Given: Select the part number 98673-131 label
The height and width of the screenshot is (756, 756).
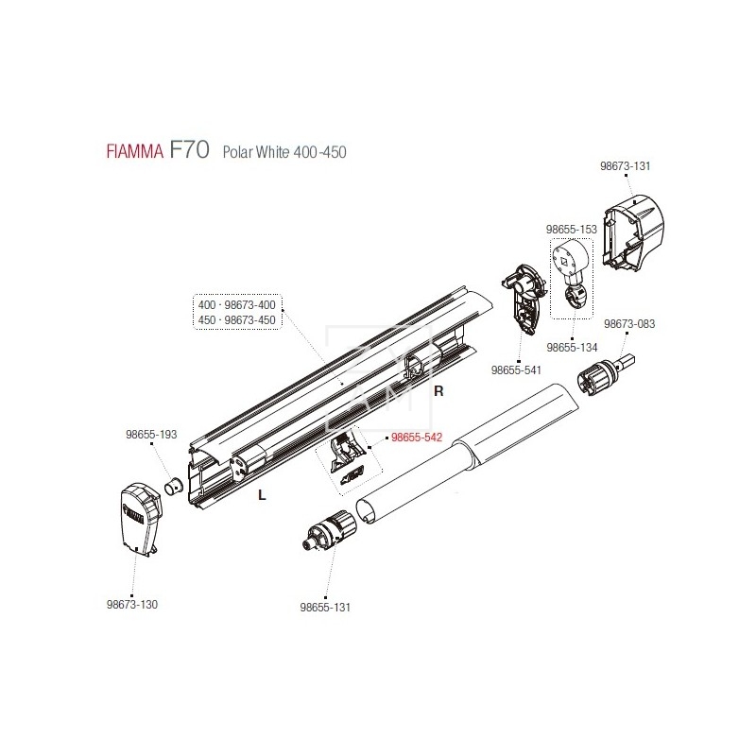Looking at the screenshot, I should coord(626,165).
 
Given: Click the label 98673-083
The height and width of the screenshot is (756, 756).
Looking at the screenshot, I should coord(629,323).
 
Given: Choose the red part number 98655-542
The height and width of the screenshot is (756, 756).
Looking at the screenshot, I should coord(417,438).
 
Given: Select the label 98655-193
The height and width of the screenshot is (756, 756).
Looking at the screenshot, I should coord(151,436).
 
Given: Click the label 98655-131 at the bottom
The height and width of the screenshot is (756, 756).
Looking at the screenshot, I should coord(324,606).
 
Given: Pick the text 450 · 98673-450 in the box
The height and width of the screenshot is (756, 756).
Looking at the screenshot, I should coord(236,319).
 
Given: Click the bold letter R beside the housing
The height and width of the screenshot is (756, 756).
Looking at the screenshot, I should coord(438,389).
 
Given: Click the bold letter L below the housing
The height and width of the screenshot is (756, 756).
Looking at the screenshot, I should coord(259,493).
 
